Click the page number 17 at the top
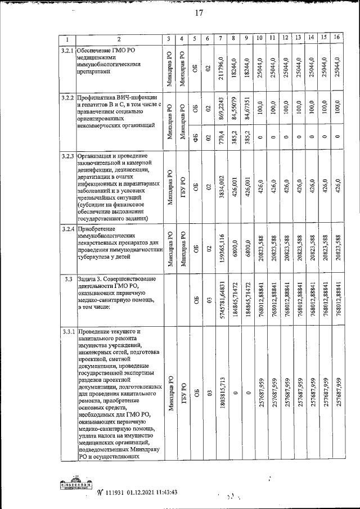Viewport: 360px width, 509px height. point(199,14)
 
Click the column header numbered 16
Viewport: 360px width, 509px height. point(337,38)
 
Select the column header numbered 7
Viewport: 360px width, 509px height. point(221,38)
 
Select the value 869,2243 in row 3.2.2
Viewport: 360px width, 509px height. point(222,110)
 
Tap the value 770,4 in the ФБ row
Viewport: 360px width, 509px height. point(222,137)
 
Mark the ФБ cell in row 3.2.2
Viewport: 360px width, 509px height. point(195,137)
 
